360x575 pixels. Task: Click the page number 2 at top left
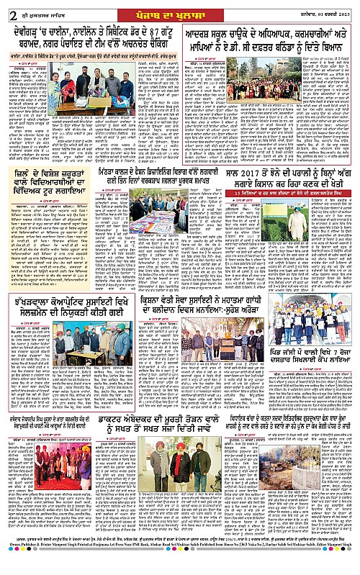click(6, 9)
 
